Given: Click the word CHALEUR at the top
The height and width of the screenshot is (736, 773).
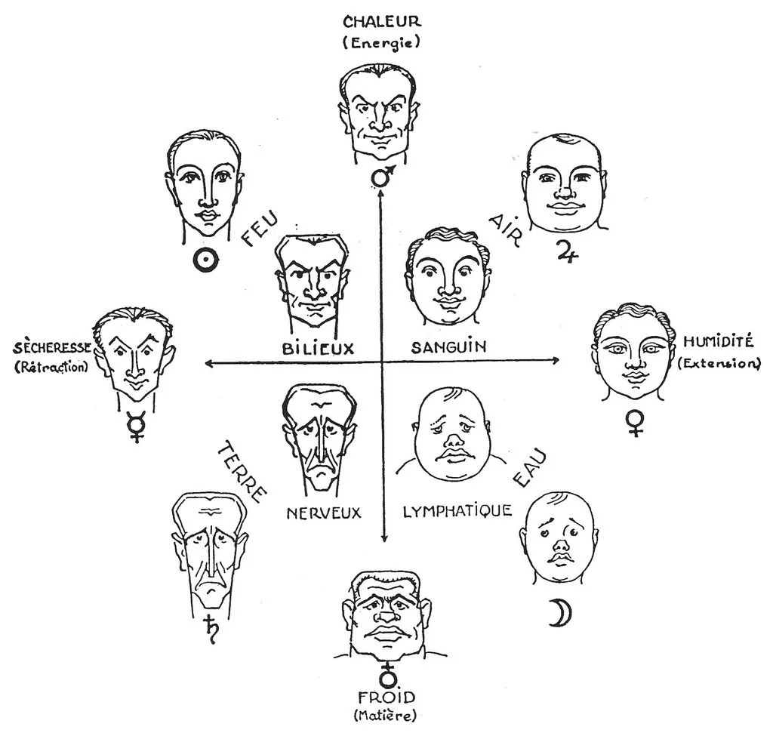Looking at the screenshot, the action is [x=382, y=22].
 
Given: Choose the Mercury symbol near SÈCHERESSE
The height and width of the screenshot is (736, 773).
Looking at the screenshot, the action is [x=134, y=427].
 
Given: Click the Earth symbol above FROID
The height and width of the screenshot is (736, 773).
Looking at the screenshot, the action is [x=389, y=676].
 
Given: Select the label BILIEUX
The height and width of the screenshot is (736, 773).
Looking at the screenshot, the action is [x=319, y=349].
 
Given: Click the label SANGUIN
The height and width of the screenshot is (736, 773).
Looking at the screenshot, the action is [x=448, y=347].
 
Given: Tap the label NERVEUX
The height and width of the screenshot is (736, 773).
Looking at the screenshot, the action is [x=324, y=513].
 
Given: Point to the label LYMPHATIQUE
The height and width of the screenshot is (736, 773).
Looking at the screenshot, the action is [x=457, y=511].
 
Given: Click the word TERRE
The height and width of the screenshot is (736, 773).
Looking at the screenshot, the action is [x=242, y=473].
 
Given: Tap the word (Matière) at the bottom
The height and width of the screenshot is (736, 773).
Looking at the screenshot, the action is [x=385, y=715].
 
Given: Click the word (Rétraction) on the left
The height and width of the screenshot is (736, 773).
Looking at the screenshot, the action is [x=51, y=367].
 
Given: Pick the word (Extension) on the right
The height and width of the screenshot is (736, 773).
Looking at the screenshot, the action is [x=719, y=364].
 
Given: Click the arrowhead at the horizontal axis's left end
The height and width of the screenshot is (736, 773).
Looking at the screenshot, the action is [x=208, y=364].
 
